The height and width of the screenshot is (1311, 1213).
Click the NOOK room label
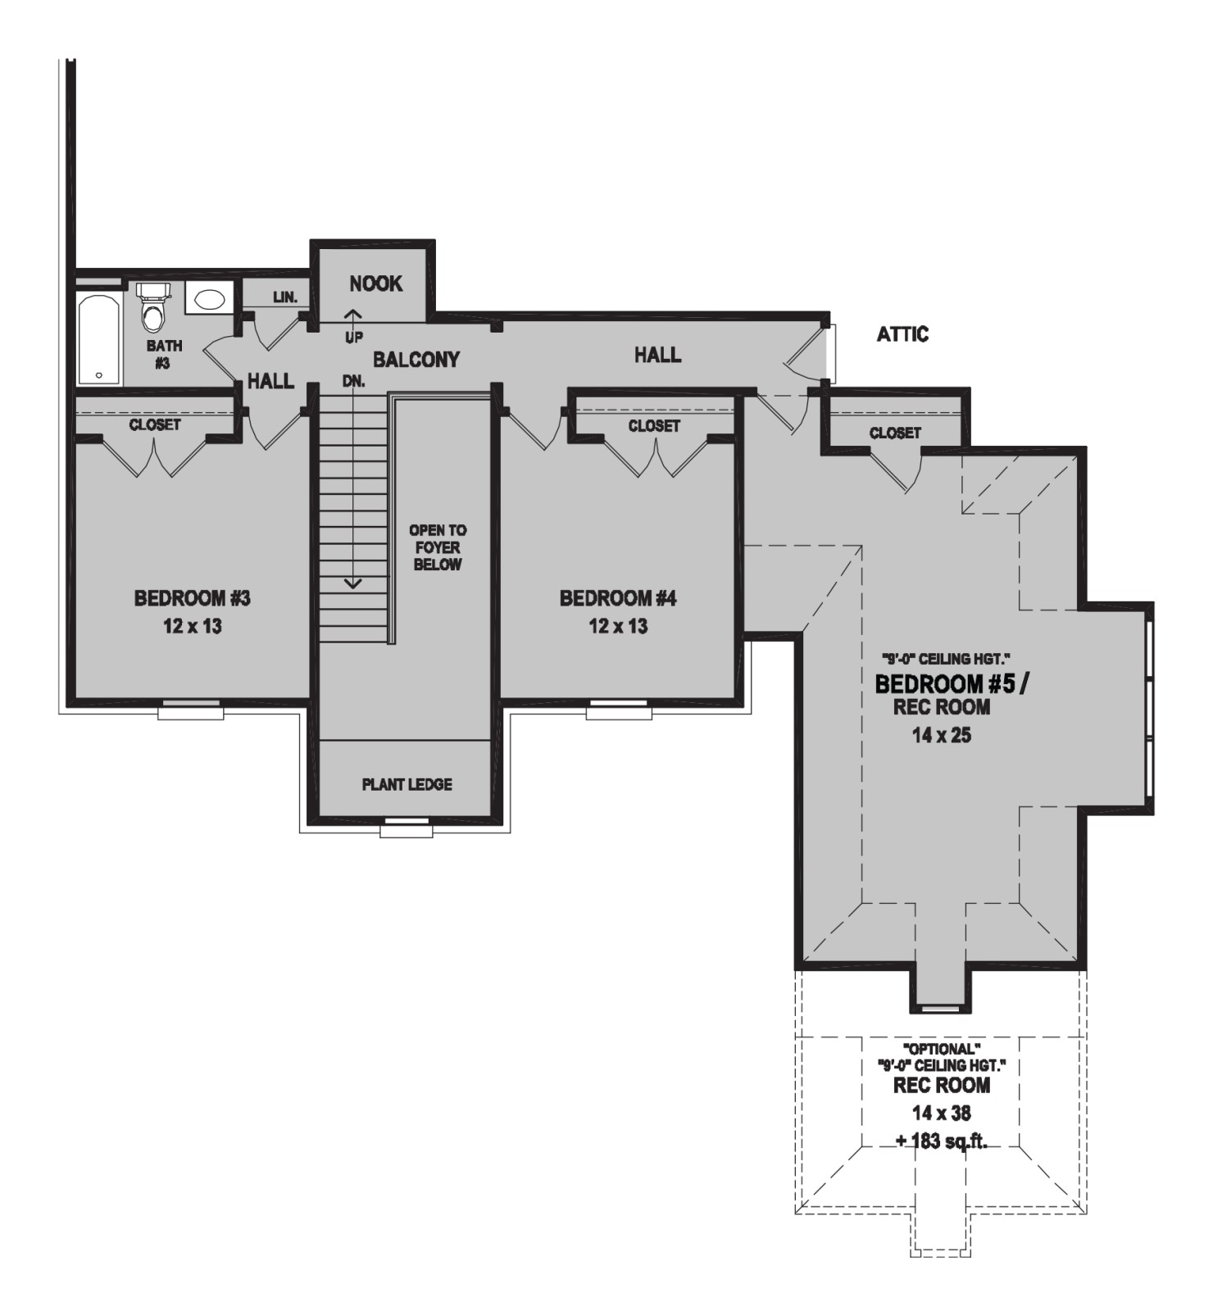(376, 284)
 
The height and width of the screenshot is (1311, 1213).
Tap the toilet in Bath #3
(152, 306)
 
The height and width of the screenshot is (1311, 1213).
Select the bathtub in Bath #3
(99, 339)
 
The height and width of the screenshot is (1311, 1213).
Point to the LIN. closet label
(285, 297)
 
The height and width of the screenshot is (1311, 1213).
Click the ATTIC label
(902, 334)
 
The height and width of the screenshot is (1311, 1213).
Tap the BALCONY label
(416, 359)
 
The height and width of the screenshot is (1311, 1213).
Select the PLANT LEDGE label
(407, 784)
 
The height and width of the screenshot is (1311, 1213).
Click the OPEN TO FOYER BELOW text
(438, 547)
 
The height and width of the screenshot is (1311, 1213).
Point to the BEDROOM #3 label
(193, 598)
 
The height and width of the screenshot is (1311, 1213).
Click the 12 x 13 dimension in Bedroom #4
(618, 627)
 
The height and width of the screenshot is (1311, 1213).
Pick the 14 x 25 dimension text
(942, 736)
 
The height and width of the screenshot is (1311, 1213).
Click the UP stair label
(354, 337)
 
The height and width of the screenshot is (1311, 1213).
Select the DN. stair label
(354, 381)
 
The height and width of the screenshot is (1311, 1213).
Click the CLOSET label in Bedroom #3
(155, 424)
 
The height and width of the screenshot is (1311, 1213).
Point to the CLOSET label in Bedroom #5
(895, 433)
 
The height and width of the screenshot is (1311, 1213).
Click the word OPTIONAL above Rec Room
(942, 1048)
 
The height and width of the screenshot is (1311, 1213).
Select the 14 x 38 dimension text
(942, 1113)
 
